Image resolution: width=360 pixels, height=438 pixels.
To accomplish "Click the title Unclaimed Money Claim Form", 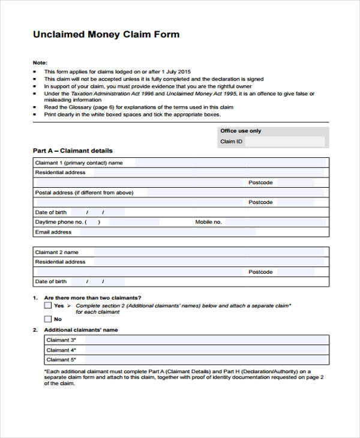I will click(106, 35).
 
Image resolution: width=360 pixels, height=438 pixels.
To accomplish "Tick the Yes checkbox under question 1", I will click(48, 305).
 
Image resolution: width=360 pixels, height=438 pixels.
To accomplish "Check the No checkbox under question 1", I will click(48, 319).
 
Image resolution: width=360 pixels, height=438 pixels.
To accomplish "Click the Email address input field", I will click(165, 232).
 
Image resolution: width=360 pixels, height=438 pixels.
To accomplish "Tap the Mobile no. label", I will click(208, 222).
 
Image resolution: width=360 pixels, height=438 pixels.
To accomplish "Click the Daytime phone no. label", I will click(59, 222).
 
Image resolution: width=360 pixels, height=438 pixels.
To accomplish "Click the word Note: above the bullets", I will click(40, 63).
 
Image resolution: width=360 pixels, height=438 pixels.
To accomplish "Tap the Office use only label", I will click(241, 131).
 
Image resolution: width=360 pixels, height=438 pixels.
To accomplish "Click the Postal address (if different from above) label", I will click(84, 193).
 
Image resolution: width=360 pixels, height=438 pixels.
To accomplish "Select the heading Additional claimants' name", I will click(81, 330).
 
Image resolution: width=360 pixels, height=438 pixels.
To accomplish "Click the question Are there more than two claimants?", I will click(93, 298).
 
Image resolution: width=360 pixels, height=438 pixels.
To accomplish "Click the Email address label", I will click(53, 232).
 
